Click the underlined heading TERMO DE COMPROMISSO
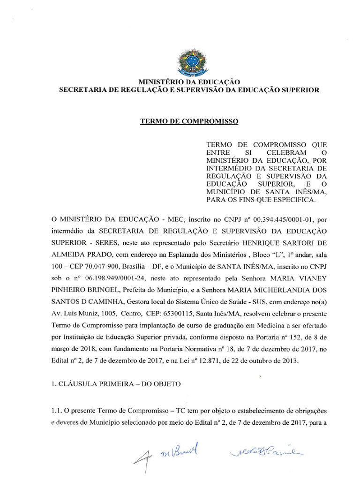click(189, 121)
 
